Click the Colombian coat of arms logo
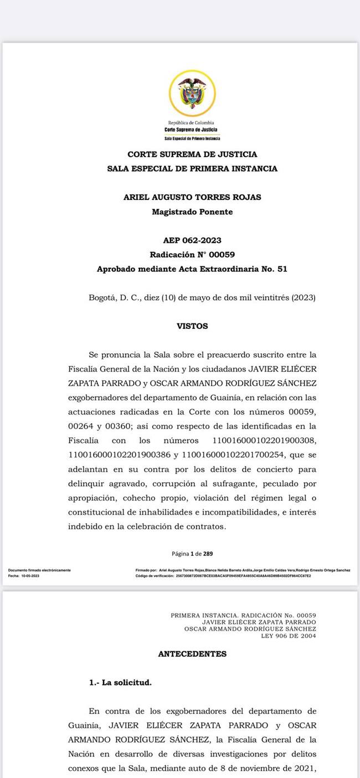[x=192, y=94]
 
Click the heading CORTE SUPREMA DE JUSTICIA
[x=192, y=154]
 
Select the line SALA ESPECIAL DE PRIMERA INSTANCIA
[x=192, y=168]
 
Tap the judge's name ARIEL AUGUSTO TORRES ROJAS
[x=192, y=197]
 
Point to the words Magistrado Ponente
[x=192, y=212]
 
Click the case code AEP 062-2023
[x=192, y=240]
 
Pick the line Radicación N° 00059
[x=192, y=255]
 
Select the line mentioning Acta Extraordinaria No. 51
[x=192, y=269]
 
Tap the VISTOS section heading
[x=192, y=326]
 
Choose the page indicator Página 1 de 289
[x=192, y=553]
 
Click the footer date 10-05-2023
[x=30, y=576]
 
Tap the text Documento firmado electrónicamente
[x=39, y=570]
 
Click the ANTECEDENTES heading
[x=192, y=654]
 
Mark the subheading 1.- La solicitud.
[x=120, y=683]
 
